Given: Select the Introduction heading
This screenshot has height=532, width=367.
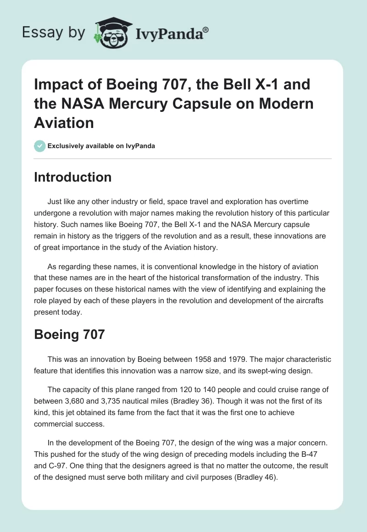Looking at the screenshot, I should [72, 177].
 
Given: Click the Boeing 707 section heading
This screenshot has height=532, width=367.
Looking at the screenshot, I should [69, 334].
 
